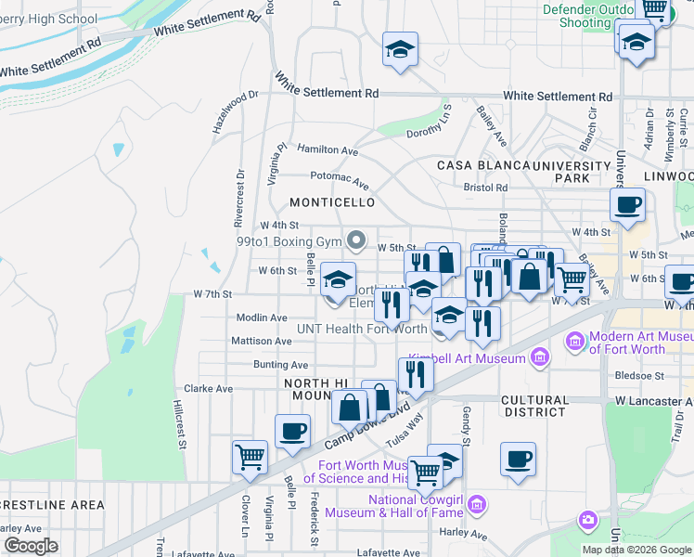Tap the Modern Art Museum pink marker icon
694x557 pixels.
point(575,343)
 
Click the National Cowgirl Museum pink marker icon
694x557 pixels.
point(477,505)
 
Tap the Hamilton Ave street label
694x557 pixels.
point(328,149)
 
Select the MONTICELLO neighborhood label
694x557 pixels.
point(332,202)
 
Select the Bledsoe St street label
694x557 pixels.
point(640,376)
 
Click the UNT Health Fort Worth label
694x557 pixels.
point(361,329)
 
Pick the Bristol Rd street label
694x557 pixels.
point(486,188)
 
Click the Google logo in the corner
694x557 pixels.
point(31,546)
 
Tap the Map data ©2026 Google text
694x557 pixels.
point(636,550)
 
